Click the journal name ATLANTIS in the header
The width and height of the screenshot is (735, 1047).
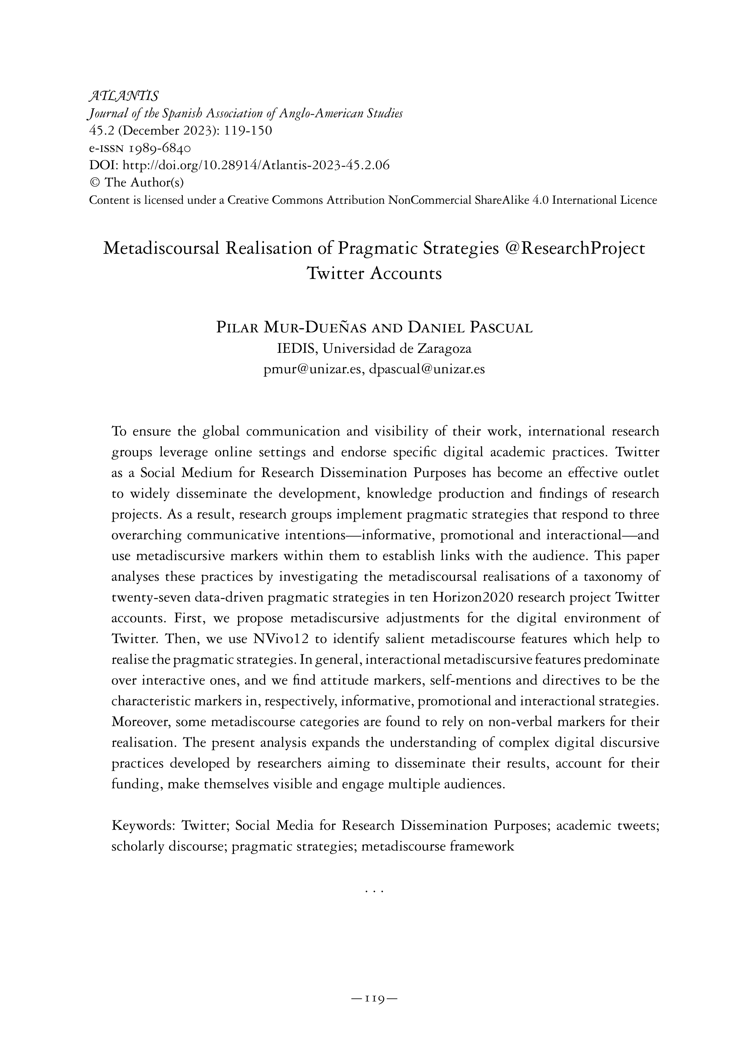pyautogui.click(x=123, y=96)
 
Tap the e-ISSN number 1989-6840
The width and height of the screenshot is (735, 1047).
pyautogui.click(x=160, y=148)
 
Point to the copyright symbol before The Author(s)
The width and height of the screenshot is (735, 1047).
pyautogui.click(x=94, y=182)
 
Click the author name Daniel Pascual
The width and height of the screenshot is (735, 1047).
pyautogui.click(x=470, y=328)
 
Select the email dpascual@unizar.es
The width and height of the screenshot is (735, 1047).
pyautogui.click(x=427, y=369)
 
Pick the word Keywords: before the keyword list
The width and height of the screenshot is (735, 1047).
pyautogui.click(x=144, y=826)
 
